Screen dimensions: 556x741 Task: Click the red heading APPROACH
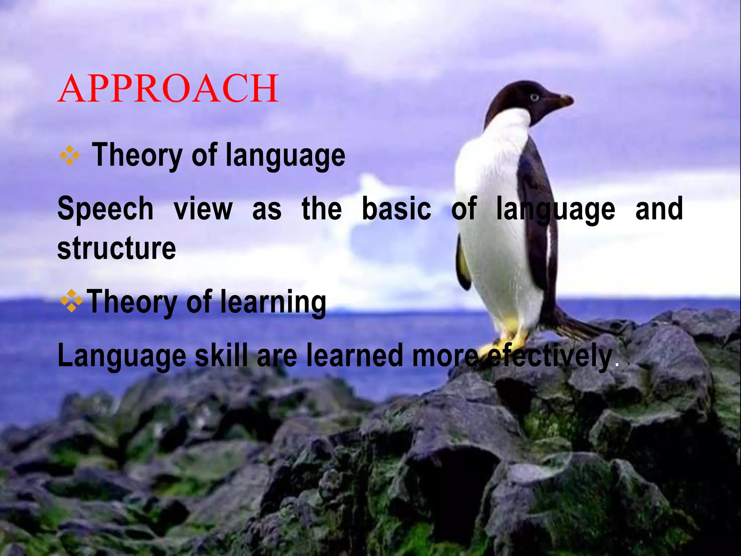coord(168,89)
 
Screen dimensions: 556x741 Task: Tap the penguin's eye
coord(534,97)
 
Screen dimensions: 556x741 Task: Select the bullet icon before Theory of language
coord(70,156)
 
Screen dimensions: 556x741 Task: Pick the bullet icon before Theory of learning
coord(72,301)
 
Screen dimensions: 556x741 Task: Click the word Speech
coord(105,209)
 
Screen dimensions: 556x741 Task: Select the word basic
coord(397,209)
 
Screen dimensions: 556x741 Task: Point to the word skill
coord(221,356)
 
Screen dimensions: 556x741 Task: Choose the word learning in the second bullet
coord(273,302)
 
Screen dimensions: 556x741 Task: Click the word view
coord(203,209)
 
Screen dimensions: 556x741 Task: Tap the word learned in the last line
coord(355,356)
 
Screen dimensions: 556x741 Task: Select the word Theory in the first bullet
coord(137,156)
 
